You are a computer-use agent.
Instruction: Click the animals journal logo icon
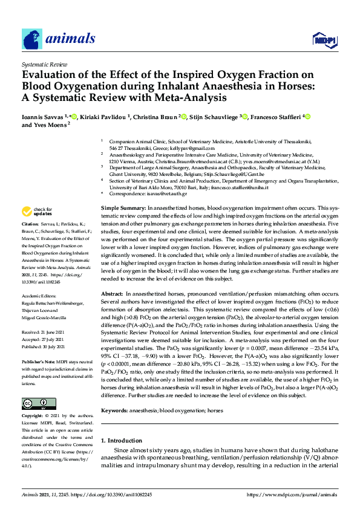pyautogui.click(x=32, y=39)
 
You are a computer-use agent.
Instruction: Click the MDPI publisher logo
pyautogui.click(x=324, y=41)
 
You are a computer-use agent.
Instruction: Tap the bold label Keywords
pyautogui.click(x=114, y=394)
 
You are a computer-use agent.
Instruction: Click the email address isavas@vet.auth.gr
pyautogui.click(x=165, y=193)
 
